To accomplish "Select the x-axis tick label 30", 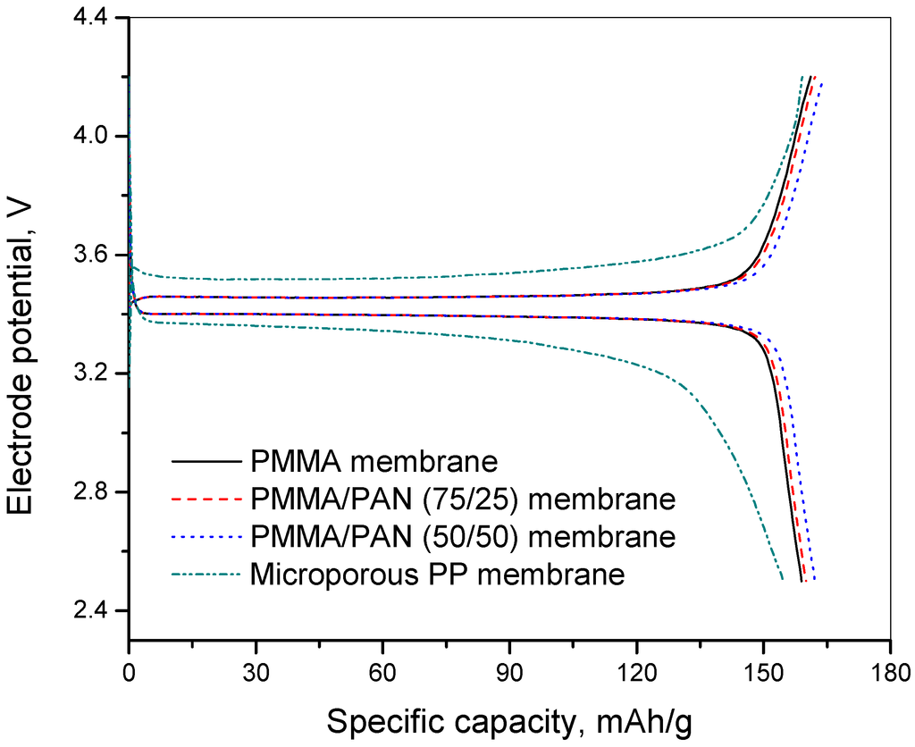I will click(x=256, y=671).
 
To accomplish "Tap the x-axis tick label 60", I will click(x=382, y=671).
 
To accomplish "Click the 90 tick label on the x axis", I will click(x=509, y=671).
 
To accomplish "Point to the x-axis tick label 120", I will click(x=636, y=671).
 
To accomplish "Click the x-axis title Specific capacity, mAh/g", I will click(x=508, y=719).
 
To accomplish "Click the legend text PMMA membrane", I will click(x=374, y=462).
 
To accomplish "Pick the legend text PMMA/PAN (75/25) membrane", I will click(x=463, y=499).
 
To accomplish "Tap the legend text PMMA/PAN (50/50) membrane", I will click(x=463, y=537).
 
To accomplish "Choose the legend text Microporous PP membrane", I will click(x=438, y=574).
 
